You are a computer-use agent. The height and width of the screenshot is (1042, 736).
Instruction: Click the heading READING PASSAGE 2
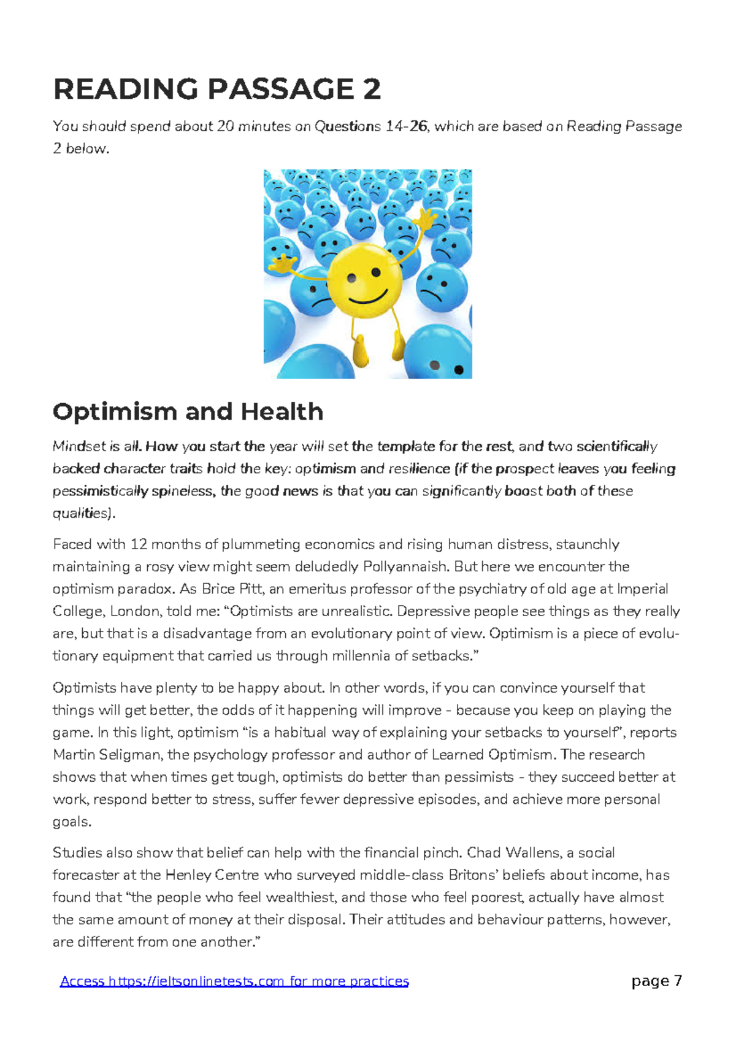tap(217, 90)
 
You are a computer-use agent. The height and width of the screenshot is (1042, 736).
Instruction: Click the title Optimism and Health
tap(188, 412)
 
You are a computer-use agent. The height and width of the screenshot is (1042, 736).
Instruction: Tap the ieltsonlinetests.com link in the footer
tap(234, 981)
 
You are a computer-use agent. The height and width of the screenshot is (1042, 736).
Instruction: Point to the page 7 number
tap(656, 981)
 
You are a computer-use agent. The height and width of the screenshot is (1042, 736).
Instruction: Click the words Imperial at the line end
tap(642, 589)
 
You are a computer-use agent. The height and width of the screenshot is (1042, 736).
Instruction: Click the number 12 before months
tap(139, 545)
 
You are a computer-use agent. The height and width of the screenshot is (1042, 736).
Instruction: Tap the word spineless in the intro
tap(183, 491)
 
